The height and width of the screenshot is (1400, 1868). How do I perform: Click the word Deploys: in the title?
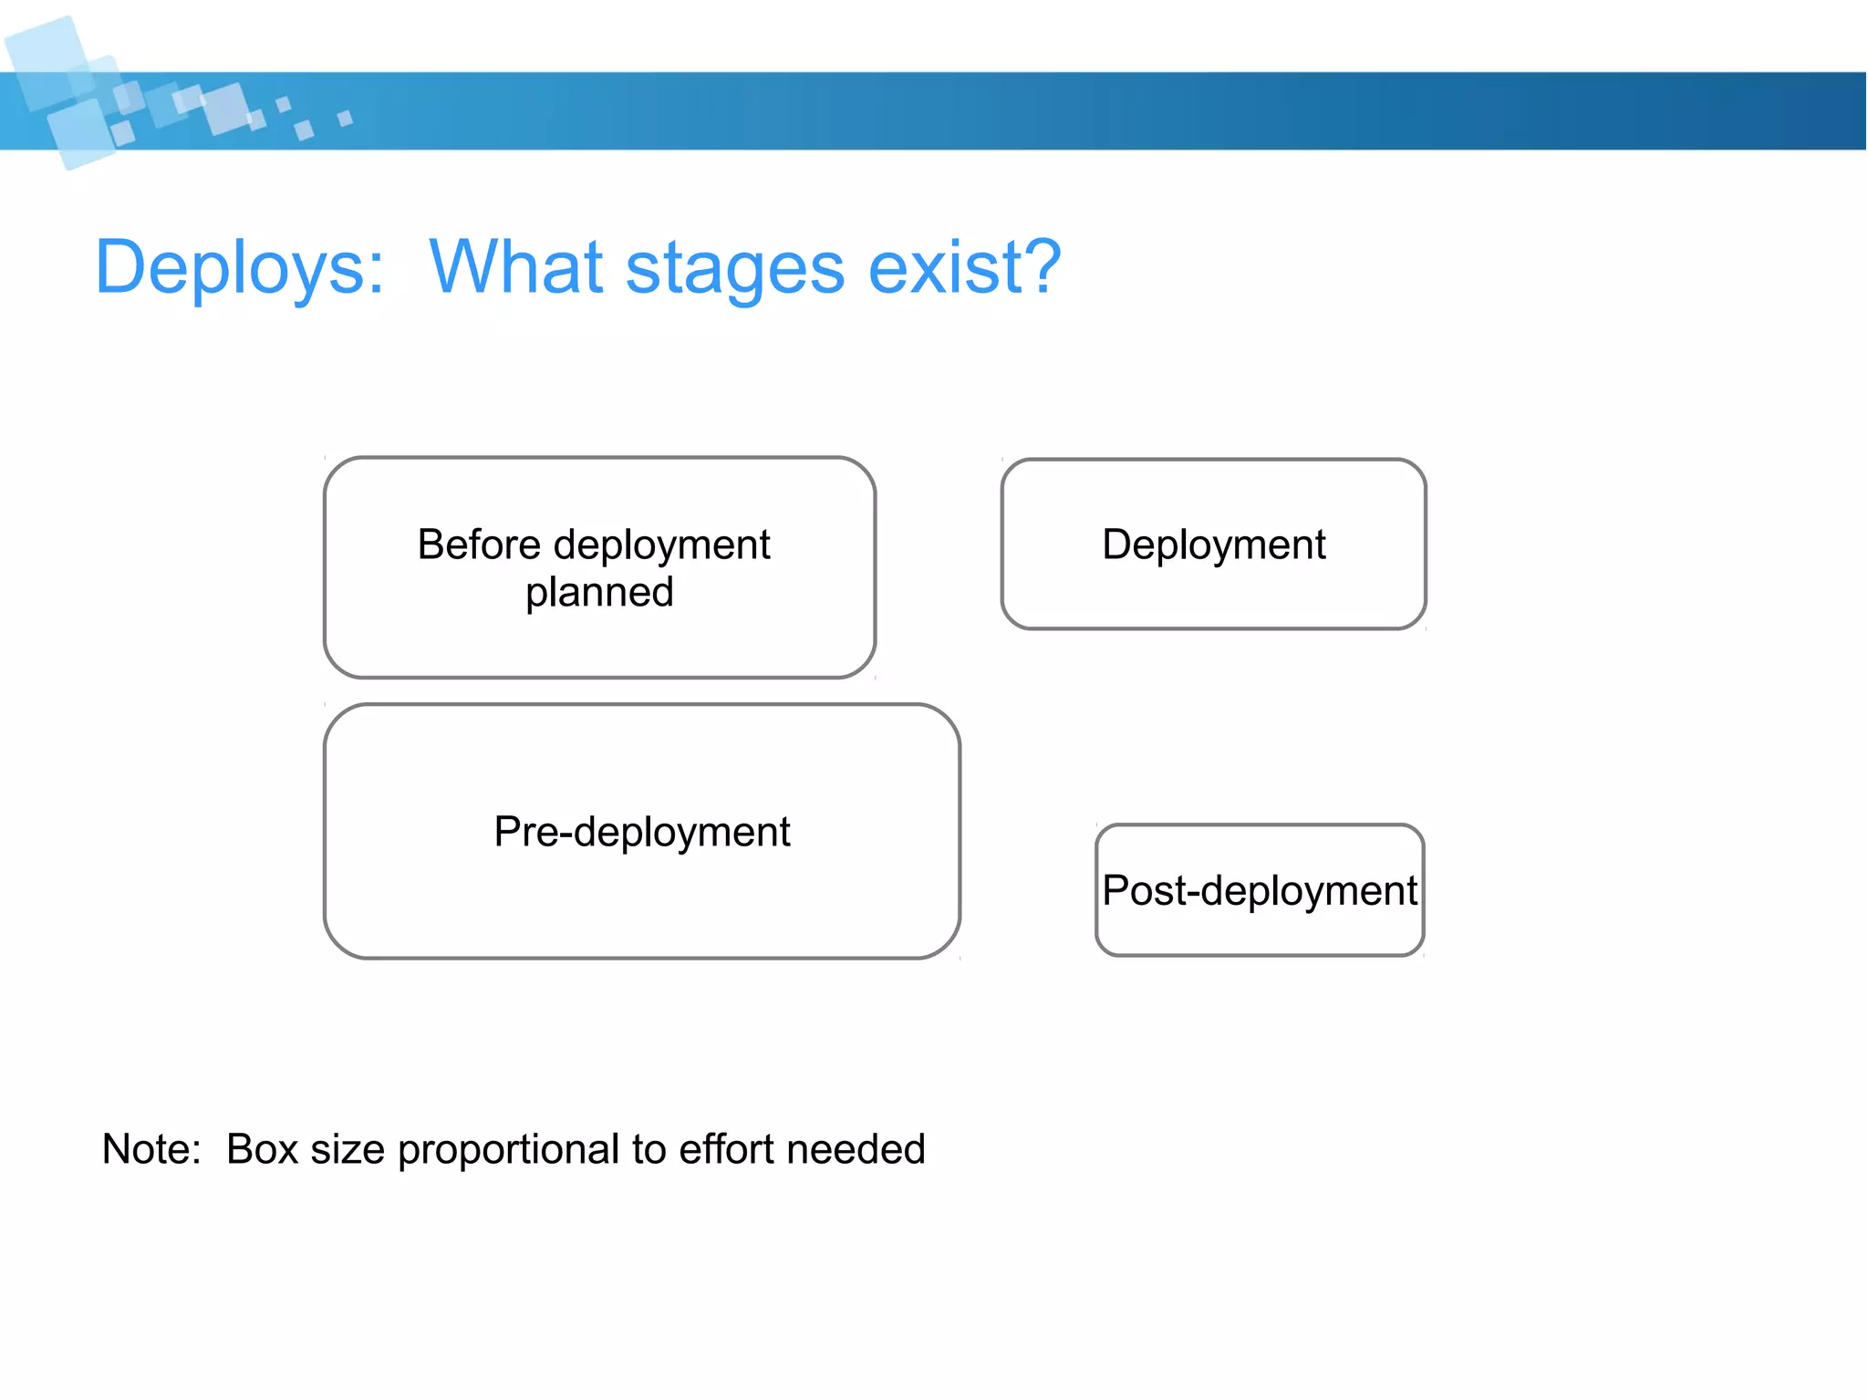(239, 267)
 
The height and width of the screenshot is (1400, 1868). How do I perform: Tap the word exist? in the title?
(964, 267)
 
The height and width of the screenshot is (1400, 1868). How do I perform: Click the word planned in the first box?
(599, 593)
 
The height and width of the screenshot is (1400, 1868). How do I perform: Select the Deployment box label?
(1213, 544)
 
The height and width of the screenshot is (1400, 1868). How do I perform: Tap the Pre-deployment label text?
(641, 832)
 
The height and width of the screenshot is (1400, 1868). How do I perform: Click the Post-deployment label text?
(1259, 891)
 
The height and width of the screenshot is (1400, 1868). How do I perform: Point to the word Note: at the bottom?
(151, 1149)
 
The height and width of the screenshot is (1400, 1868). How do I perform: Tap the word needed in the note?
(856, 1149)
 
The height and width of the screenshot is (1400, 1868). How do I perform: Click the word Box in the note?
(262, 1149)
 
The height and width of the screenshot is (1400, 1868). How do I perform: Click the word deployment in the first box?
(661, 546)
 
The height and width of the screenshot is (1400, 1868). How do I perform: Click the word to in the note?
(649, 1149)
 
